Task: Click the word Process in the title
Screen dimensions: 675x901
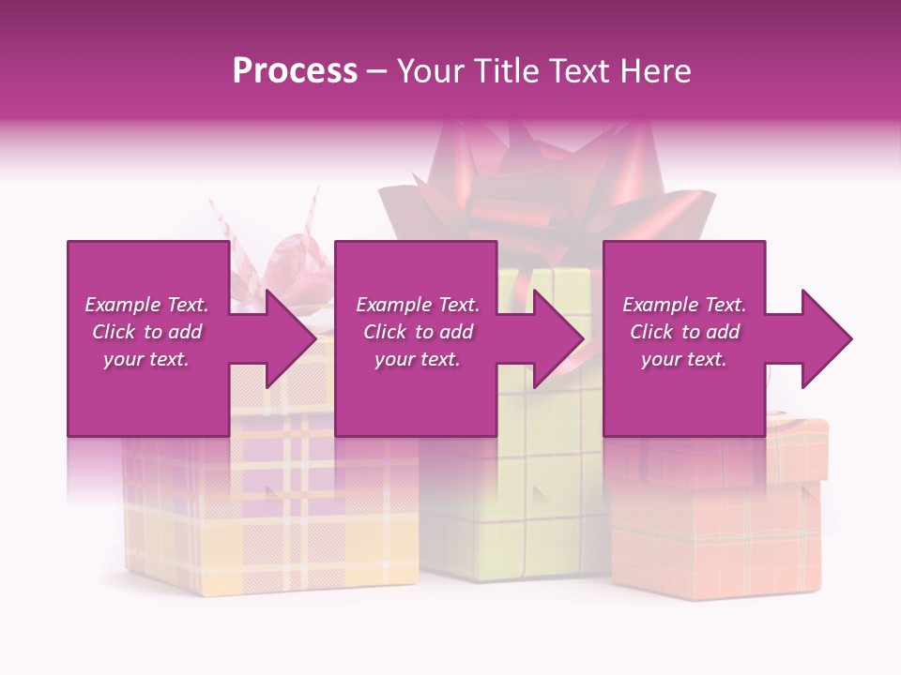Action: [295, 70]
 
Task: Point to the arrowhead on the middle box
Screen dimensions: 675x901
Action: [557, 338]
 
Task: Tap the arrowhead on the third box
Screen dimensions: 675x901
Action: [825, 338]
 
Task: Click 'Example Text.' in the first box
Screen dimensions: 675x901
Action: [146, 305]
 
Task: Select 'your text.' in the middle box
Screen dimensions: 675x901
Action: [418, 359]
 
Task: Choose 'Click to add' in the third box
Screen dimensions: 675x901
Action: [684, 332]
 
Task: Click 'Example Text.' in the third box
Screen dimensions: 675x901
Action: [684, 305]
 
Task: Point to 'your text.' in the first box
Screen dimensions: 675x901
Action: [146, 359]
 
